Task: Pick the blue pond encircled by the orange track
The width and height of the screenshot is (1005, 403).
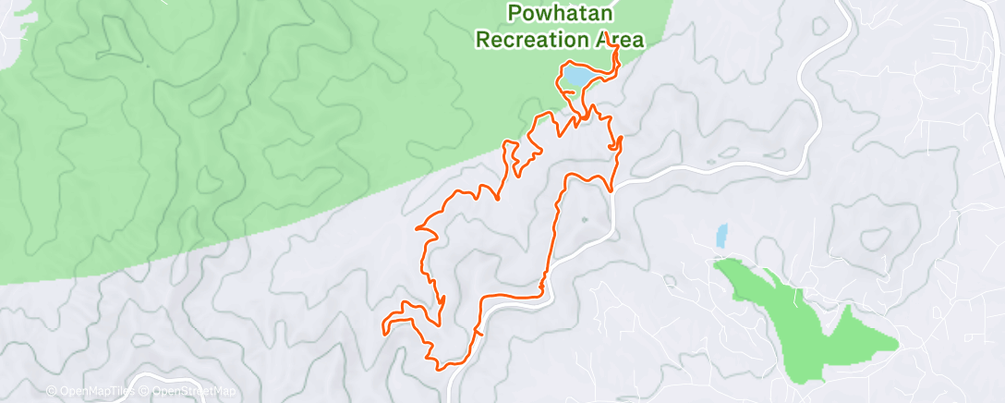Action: tap(573, 77)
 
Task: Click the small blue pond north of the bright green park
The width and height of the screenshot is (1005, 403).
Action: tap(721, 236)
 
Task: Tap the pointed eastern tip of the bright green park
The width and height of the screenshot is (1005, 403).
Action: tap(896, 346)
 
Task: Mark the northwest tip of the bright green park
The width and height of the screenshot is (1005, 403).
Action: tap(717, 263)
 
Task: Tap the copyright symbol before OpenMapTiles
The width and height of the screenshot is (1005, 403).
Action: tap(51, 391)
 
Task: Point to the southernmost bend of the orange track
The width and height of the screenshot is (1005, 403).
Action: tap(442, 368)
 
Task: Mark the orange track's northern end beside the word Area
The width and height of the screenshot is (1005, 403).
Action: tap(613, 46)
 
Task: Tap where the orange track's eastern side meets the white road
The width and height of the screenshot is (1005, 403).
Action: tap(611, 189)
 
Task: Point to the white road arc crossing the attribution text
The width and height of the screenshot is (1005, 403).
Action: tap(139, 381)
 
